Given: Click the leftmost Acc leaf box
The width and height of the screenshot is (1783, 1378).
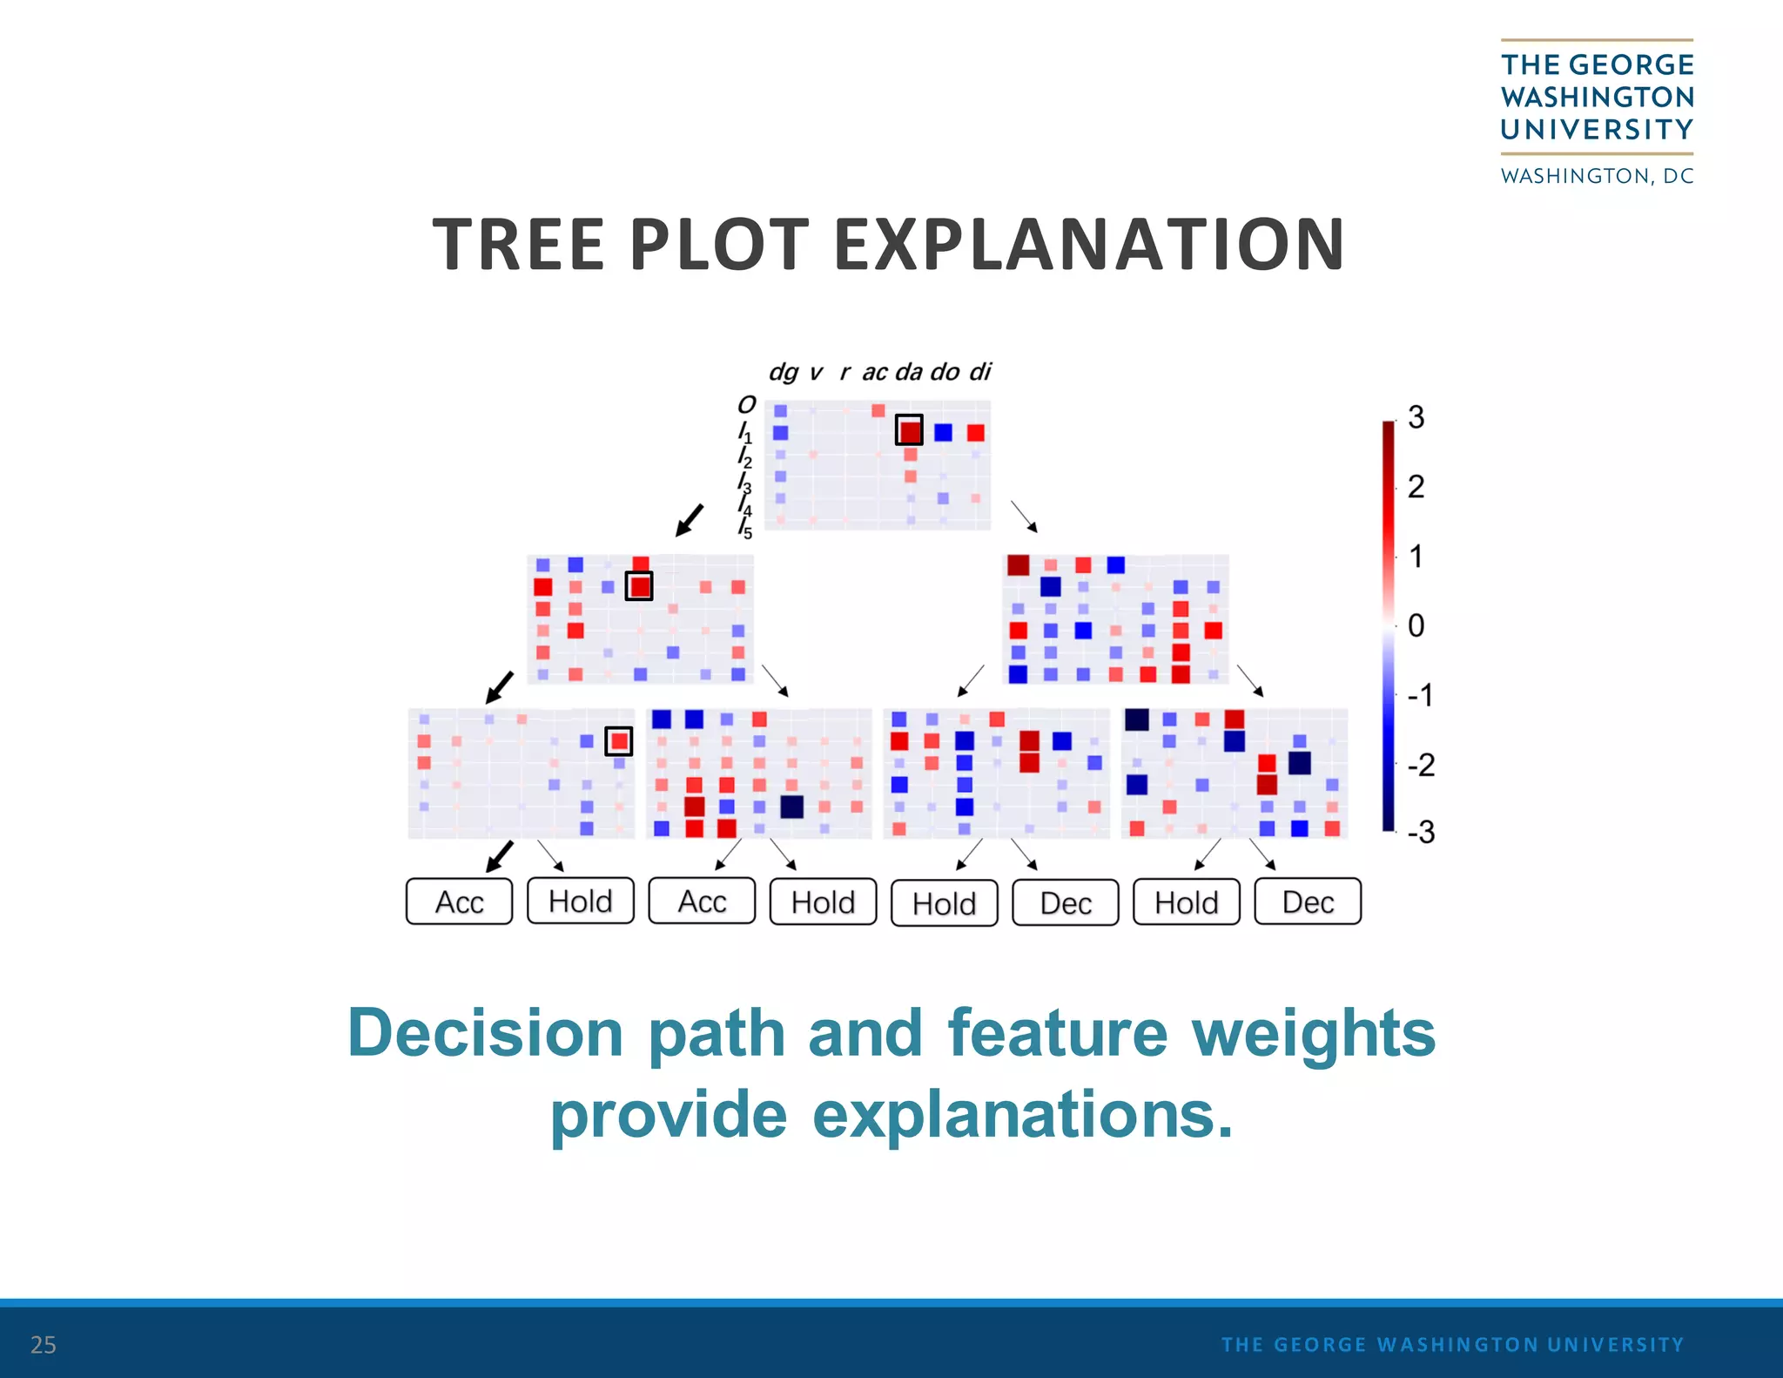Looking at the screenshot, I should (459, 902).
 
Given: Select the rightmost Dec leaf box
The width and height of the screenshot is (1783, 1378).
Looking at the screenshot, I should (1307, 902).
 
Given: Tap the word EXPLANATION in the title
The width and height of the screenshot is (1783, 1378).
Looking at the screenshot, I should (1089, 245).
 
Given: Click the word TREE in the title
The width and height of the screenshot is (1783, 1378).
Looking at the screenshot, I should (519, 245).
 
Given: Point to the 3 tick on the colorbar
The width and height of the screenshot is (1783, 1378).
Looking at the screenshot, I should (1416, 417).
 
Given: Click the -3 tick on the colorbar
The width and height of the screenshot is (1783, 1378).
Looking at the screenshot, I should (1419, 832).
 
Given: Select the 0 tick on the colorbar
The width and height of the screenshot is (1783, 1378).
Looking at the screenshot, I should (1416, 625).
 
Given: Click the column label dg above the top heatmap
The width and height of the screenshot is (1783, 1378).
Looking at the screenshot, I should (782, 372).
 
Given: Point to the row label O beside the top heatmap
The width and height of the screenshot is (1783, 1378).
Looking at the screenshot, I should (746, 405).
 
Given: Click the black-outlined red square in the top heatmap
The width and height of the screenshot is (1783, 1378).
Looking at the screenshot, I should (909, 430).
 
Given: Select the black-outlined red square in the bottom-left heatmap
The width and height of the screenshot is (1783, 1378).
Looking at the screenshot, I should (618, 741).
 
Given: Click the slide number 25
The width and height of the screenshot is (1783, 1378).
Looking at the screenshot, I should (43, 1345).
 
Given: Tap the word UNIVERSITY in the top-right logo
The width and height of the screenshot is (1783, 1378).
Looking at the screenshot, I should (1597, 130).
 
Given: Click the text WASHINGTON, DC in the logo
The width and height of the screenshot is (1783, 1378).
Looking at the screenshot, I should (1597, 176).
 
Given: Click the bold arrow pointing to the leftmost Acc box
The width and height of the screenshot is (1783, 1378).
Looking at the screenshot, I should (499, 856).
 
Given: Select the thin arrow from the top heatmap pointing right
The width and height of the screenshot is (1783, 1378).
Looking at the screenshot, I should (1024, 517).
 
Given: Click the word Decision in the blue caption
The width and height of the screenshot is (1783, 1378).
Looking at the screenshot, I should (485, 1033).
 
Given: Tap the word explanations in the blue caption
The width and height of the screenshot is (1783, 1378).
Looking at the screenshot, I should (1022, 1115).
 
